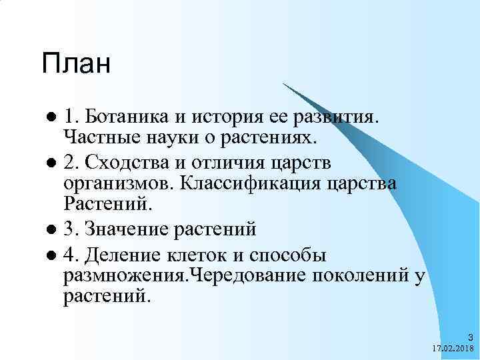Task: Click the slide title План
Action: pos(75,64)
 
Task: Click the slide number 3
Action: pos(470,337)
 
